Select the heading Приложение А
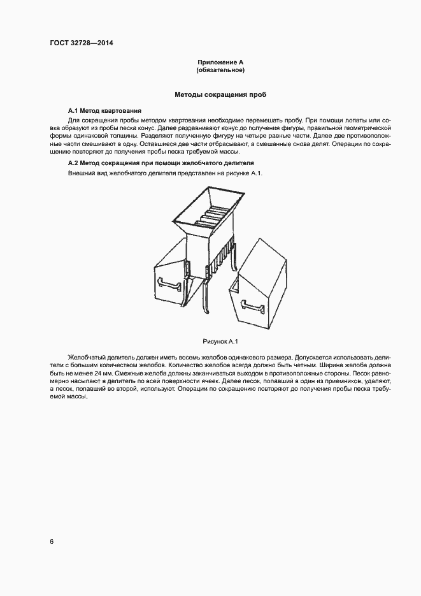click(x=220, y=62)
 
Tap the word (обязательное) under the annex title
click(x=220, y=69)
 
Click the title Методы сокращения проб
click(x=220, y=94)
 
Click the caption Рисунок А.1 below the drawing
click(x=220, y=342)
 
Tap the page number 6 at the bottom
click(x=52, y=542)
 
